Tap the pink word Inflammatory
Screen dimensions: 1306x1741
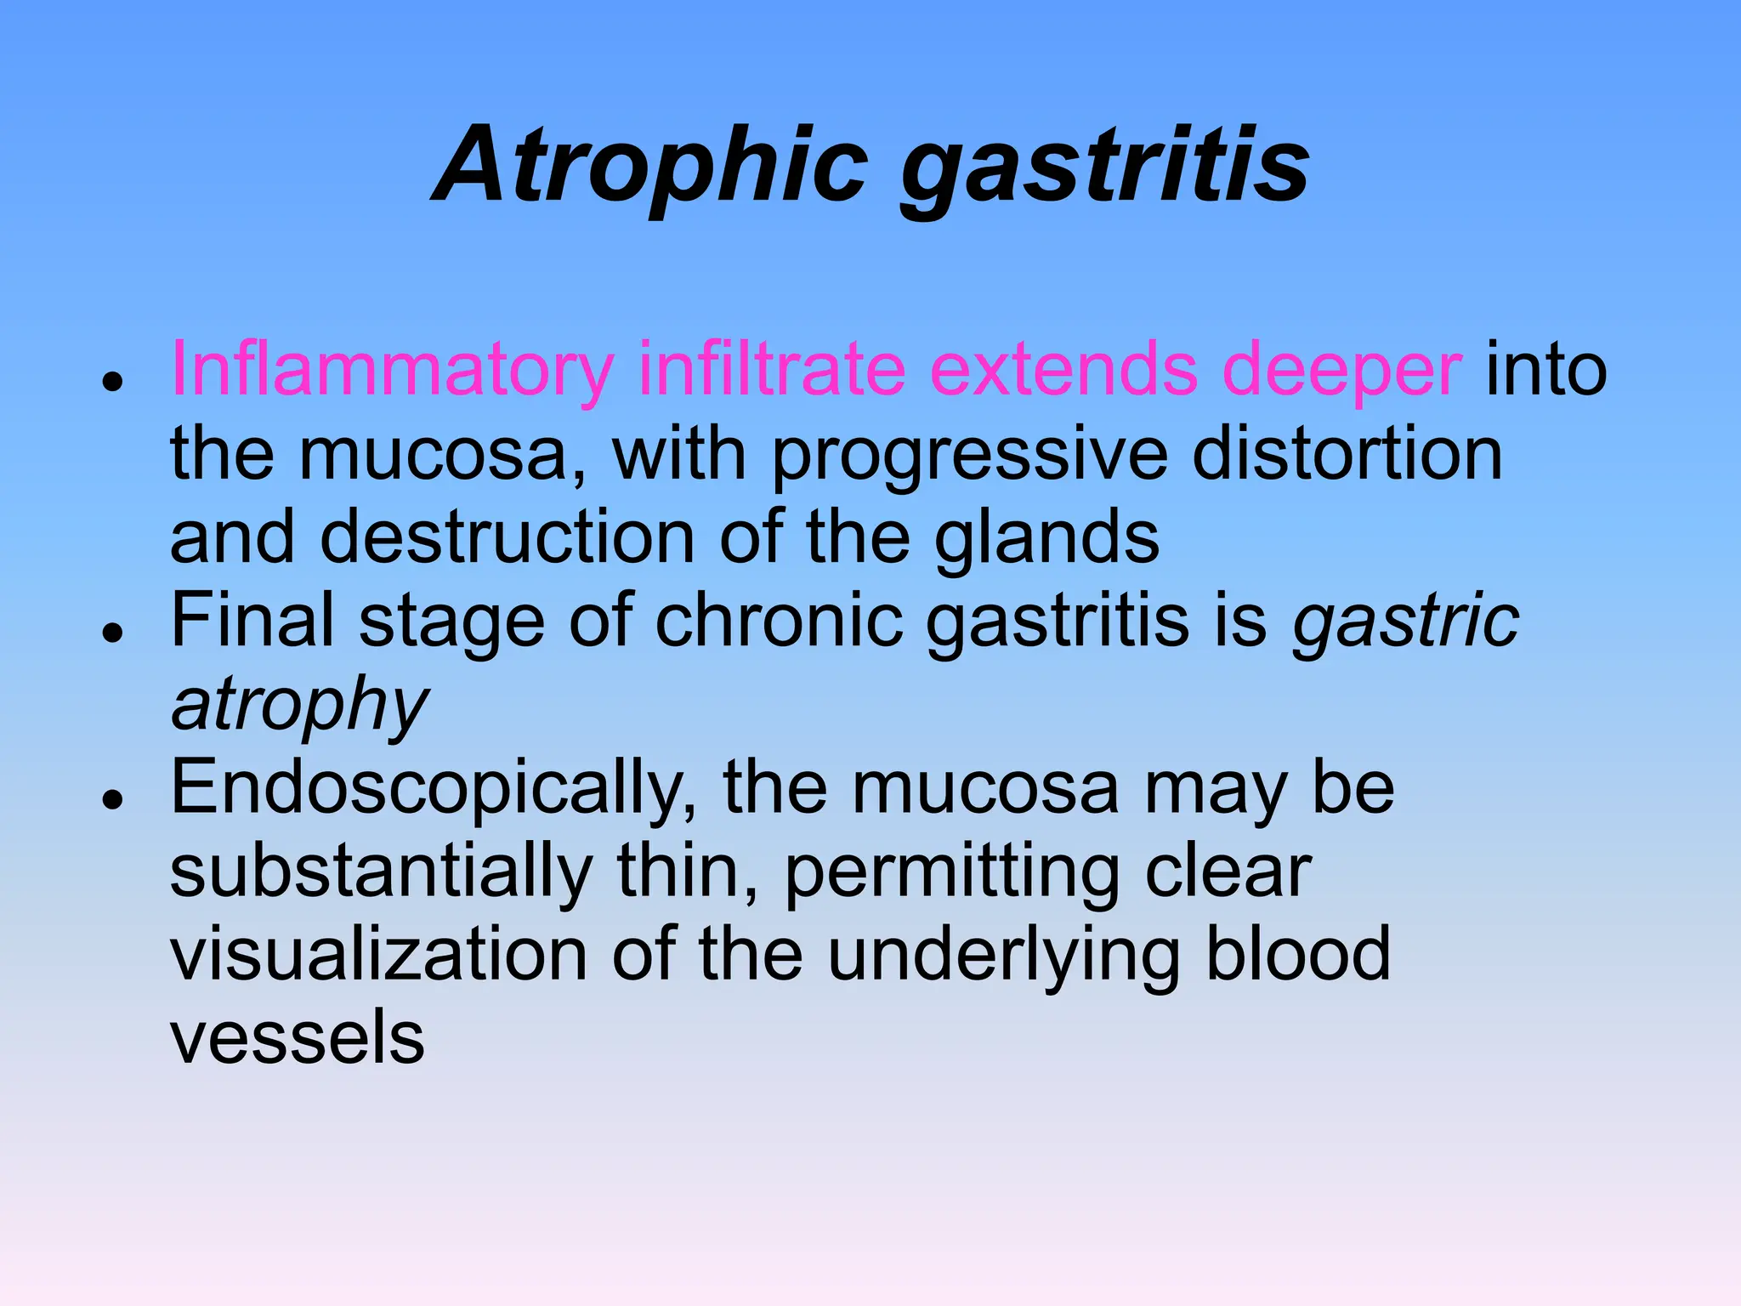[392, 370]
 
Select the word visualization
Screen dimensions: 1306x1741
[378, 954]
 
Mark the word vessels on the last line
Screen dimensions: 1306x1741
[297, 1037]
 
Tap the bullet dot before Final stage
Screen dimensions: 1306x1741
[112, 633]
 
